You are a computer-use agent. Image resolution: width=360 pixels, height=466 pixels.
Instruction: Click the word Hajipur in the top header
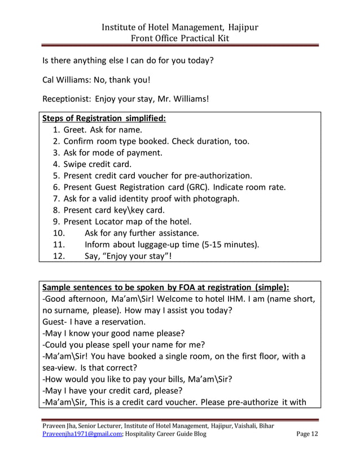pyautogui.click(x=239, y=27)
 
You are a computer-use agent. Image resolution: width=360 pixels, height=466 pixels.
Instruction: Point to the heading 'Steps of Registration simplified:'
pyautogui.click(x=104, y=118)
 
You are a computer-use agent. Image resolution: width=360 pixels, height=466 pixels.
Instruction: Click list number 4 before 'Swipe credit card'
pyautogui.click(x=56, y=164)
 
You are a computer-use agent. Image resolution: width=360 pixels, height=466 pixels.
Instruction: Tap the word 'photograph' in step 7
pyautogui.click(x=216, y=198)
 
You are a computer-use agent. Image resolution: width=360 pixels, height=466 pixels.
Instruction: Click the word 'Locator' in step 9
pyautogui.click(x=115, y=221)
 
